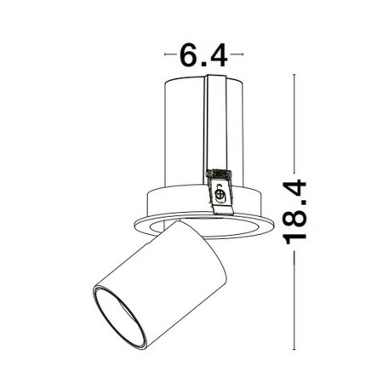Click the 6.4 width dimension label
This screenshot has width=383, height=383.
click(x=203, y=57)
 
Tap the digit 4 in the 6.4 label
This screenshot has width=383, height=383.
click(x=218, y=57)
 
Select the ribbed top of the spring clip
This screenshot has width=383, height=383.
click(x=220, y=174)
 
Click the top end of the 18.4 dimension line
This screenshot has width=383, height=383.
click(x=294, y=75)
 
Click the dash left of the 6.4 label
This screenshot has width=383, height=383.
click(x=169, y=57)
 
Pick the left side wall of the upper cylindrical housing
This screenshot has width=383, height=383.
click(x=166, y=136)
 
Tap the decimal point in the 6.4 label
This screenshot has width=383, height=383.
click(x=204, y=65)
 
